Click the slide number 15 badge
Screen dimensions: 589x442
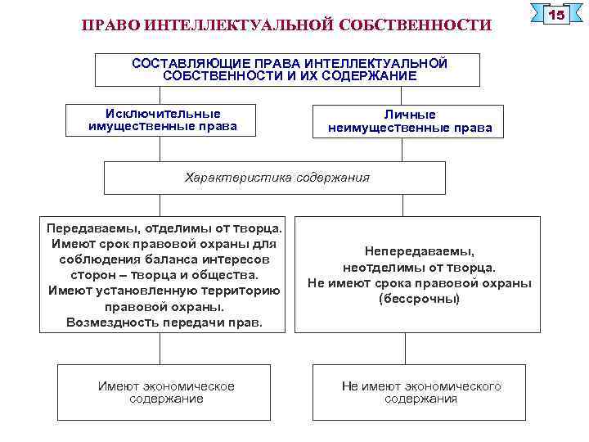click(556, 16)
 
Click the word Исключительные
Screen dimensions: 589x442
click(163, 114)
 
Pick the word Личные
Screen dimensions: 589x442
click(410, 115)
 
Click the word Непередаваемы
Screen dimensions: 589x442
click(420, 252)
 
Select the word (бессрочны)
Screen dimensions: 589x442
click(419, 299)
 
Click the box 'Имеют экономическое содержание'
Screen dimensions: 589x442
click(167, 392)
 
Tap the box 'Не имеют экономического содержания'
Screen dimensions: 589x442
click(421, 392)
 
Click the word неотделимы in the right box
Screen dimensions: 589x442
click(379, 268)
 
